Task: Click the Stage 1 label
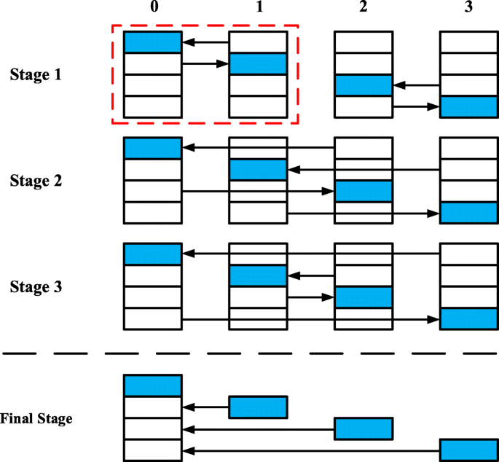pos(37,74)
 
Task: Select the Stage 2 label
pos(37,180)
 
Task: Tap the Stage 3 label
pos(37,286)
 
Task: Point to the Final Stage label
pos(36,419)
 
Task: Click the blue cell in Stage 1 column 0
pos(152,42)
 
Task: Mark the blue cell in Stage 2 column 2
pos(364,191)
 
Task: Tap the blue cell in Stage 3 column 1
pos(259,276)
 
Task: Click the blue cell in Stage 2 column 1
pos(259,170)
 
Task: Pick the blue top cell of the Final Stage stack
pos(152,385)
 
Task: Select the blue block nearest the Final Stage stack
pos(259,407)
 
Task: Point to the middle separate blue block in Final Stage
pos(364,428)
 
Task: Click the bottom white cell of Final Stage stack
pos(152,450)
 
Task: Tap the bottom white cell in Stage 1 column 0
pos(152,106)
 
